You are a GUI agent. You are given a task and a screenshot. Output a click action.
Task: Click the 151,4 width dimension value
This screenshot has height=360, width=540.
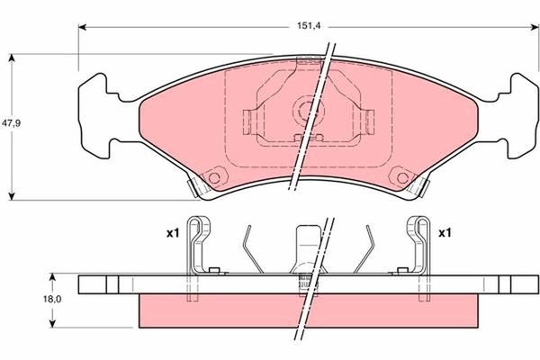coord(309,26)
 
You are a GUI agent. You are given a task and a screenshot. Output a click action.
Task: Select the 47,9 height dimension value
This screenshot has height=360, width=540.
coord(12,123)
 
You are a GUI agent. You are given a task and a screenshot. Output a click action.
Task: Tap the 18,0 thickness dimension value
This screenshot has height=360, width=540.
coord(52,299)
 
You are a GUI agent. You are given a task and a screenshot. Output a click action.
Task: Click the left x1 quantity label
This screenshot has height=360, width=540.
coord(173,233)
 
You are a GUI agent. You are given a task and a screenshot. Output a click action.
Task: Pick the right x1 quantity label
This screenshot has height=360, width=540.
coord(445,233)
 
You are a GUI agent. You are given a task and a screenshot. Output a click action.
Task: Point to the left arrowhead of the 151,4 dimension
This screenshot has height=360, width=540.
coord(82,27)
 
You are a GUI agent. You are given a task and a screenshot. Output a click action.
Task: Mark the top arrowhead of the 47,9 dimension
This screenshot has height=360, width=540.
coord(12,58)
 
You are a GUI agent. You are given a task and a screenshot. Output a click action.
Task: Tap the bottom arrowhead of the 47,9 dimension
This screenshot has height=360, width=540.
coord(12,196)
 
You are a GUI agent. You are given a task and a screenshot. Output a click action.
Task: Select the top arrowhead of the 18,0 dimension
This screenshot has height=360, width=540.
coord(52,278)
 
